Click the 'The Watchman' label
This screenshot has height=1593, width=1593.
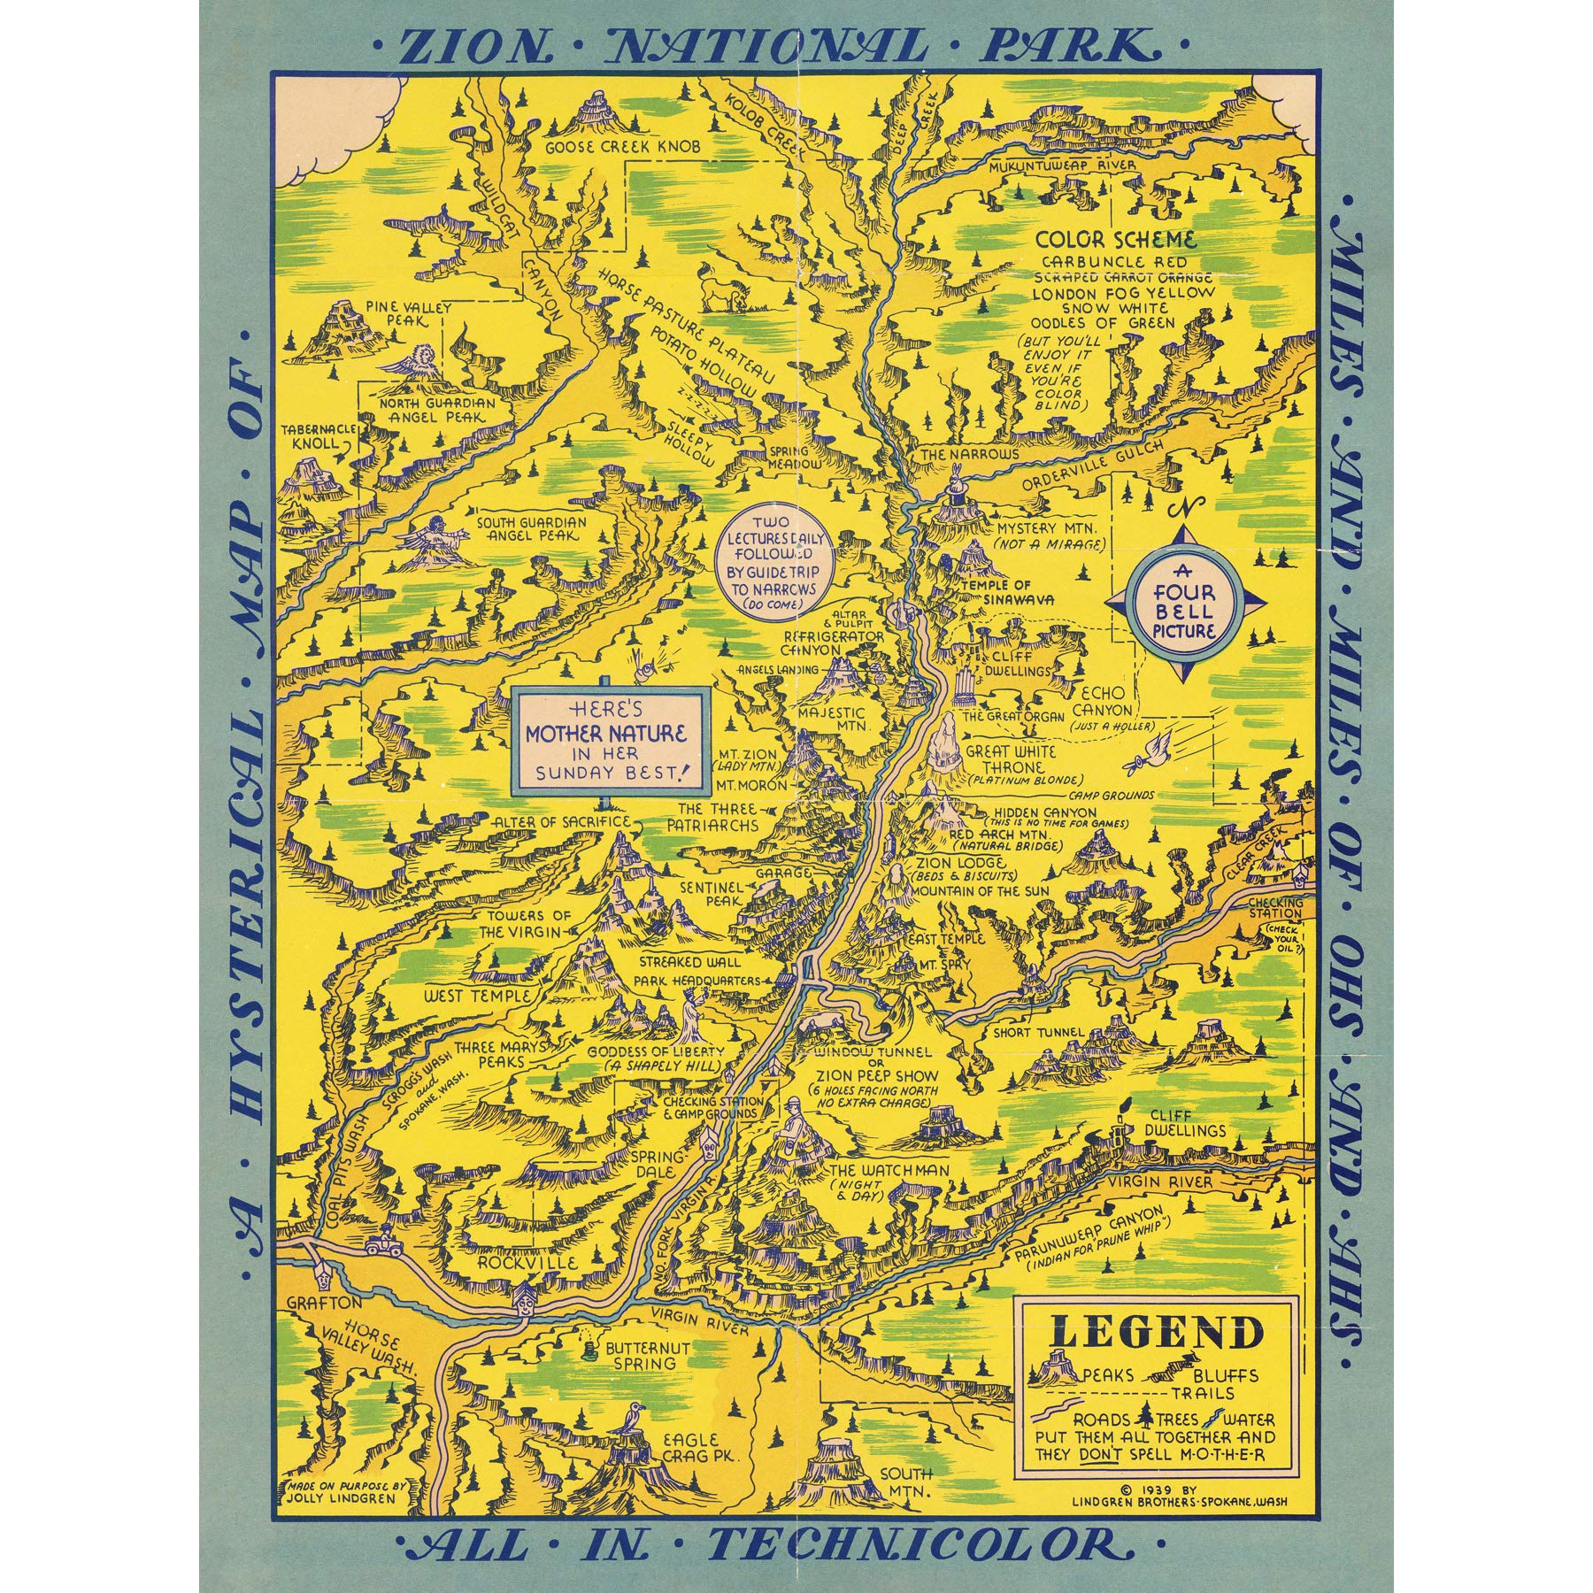pyautogui.click(x=888, y=1170)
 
